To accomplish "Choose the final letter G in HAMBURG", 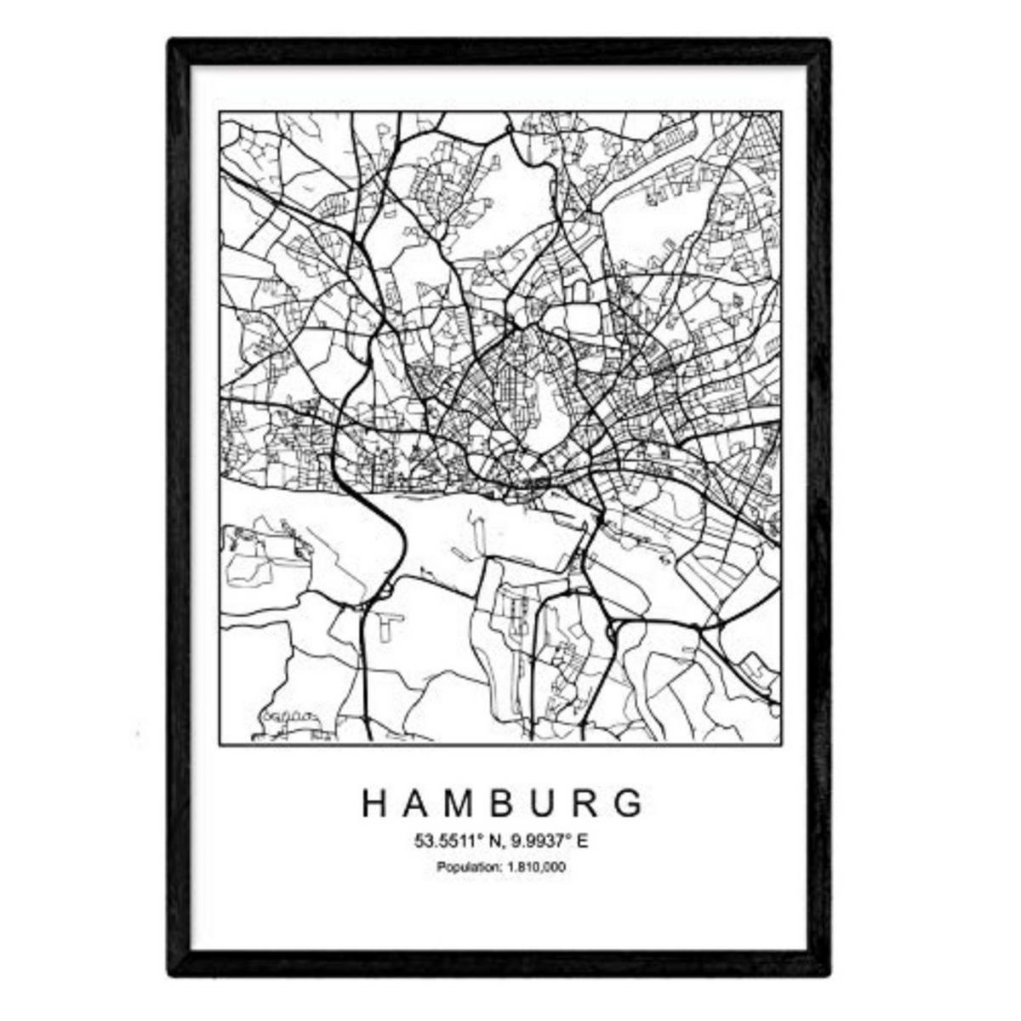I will (629, 803).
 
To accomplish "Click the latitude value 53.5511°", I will (448, 842).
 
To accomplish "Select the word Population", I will (465, 868).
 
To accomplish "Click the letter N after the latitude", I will (493, 842).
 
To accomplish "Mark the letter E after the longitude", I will (583, 842).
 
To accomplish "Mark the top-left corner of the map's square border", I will (220, 112).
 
